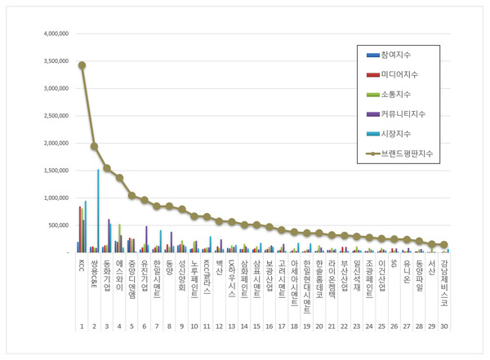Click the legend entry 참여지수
(396, 55)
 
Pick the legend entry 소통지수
(396, 95)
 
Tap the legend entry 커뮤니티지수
(402, 114)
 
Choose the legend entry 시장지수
(396, 134)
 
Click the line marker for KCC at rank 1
(82, 65)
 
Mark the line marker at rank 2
(94, 146)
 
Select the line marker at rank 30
(444, 244)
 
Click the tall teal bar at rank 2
(98, 211)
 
